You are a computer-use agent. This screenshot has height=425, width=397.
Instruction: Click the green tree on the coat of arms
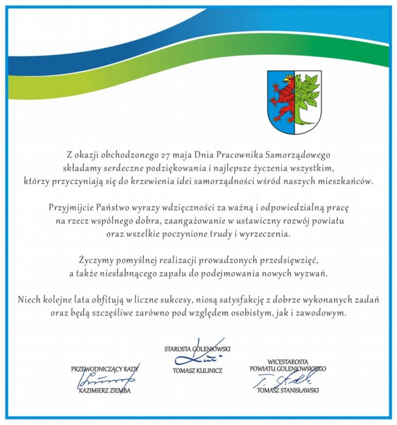[x=306, y=96]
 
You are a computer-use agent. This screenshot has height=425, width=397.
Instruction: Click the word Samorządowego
[x=299, y=155]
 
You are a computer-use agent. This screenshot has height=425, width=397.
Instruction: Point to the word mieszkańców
[x=348, y=181]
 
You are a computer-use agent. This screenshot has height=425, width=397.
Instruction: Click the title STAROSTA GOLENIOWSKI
[x=197, y=349]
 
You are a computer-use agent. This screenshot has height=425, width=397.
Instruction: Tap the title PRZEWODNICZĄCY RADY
[x=105, y=369]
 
